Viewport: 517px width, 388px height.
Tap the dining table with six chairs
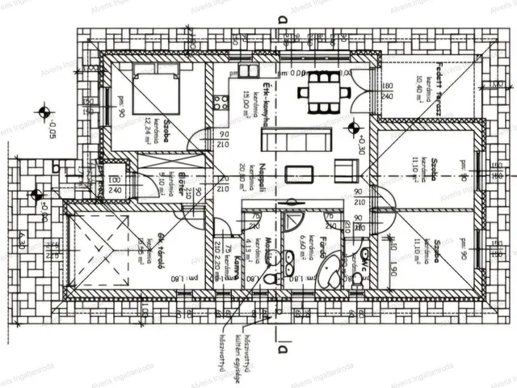[323, 91]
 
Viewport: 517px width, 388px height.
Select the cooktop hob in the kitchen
[221, 103]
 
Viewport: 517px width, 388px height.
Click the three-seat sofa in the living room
[291, 139]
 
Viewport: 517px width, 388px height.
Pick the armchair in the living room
[346, 171]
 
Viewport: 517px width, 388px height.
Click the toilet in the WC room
[356, 279]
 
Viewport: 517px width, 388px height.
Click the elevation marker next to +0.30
[352, 126]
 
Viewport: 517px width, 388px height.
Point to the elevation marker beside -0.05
[44, 112]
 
